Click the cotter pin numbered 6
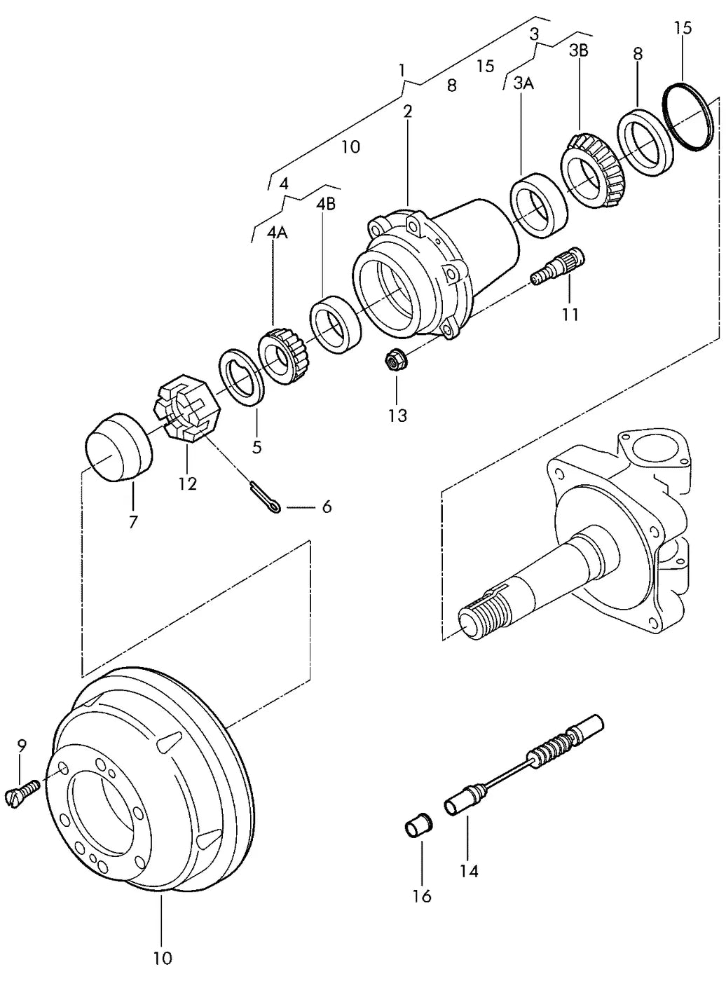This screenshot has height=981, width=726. coord(264,496)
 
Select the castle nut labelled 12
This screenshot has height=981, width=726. coord(184,408)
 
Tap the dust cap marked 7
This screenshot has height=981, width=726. coord(118,447)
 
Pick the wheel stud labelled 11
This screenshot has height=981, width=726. coord(557,266)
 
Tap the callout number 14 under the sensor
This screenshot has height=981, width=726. coord(469,871)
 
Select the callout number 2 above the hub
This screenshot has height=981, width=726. coord(407,111)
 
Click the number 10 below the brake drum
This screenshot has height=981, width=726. coord(163,956)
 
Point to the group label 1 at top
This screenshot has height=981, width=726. coord(402,70)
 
